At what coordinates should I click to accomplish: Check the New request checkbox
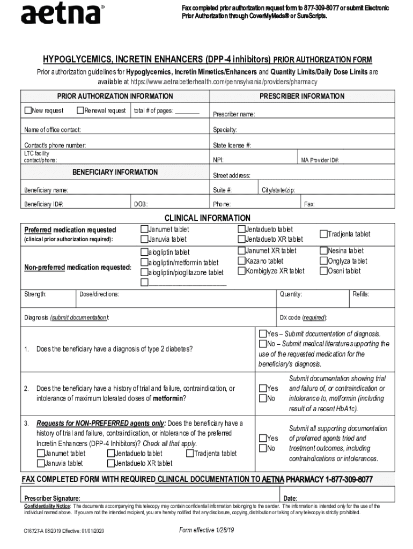point(28,111)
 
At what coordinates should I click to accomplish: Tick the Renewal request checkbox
point(80,111)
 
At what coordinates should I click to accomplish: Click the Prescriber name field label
point(233,114)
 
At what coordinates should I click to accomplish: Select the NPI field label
point(219,160)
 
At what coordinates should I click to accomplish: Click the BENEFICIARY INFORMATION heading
point(115,172)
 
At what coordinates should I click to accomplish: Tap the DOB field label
point(141,204)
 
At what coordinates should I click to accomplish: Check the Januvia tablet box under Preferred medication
point(144,239)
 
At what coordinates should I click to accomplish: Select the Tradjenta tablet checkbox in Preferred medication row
point(323,234)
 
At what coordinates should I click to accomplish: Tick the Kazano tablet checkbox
point(241,261)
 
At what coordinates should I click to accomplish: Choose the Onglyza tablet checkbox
point(323,261)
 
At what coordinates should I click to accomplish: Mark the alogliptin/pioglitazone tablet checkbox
point(144,272)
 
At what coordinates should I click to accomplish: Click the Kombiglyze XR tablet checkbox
point(241,271)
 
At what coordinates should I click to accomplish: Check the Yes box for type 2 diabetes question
point(263,334)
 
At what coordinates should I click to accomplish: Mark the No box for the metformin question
point(263,398)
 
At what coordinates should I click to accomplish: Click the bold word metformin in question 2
point(168,398)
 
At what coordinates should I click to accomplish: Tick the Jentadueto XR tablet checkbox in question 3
point(110,463)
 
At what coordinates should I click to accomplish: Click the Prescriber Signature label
point(53,498)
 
